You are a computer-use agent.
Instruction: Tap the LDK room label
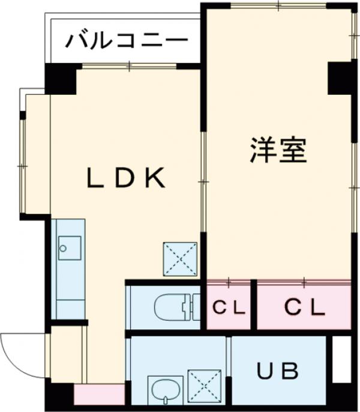(x=125, y=178)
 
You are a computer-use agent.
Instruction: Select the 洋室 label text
(x=278, y=151)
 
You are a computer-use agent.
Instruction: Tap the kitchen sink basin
(x=70, y=247)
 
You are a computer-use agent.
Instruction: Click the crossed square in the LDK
(x=180, y=259)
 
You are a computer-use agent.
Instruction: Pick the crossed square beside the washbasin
(x=204, y=387)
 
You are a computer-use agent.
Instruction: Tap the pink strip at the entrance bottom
(x=99, y=395)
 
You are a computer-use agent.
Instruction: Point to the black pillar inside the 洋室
(x=340, y=77)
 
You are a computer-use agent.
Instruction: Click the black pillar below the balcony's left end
(x=61, y=78)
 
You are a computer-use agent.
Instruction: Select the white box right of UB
(x=341, y=359)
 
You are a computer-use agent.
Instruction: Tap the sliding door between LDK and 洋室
(x=203, y=180)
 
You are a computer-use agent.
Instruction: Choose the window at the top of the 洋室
(x=278, y=5)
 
